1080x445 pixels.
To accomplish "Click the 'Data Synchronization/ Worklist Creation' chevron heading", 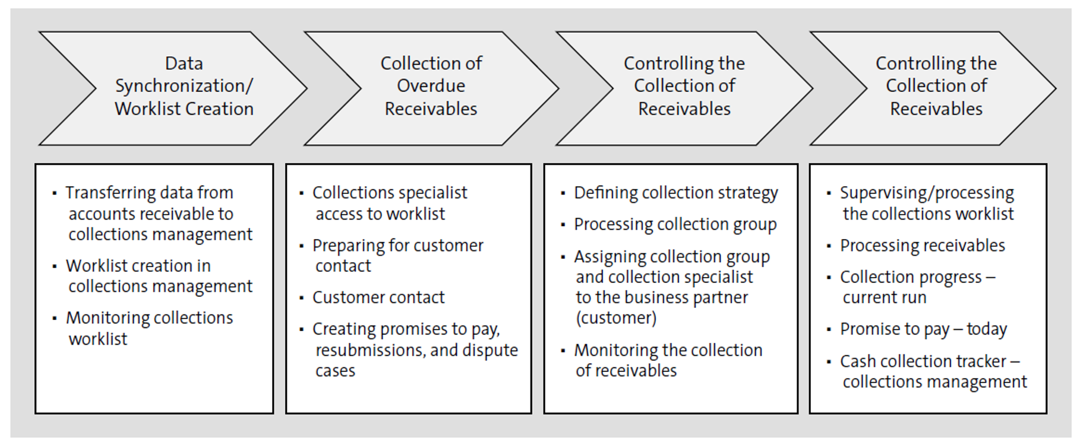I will coord(184,87).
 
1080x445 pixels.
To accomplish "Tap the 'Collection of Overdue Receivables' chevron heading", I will coord(431,87).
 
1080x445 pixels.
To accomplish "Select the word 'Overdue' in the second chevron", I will coord(431,86).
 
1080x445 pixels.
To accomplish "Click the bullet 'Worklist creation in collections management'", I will coord(159,276).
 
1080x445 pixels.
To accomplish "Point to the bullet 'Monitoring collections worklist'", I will coord(149,328).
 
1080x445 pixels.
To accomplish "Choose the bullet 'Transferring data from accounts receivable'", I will coord(159,214).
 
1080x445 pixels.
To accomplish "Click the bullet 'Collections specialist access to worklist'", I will coord(389,203).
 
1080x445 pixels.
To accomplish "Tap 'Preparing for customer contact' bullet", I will coord(397,256).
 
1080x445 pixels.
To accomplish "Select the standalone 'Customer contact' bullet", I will coord(378,297).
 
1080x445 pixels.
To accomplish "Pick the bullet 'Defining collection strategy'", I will coord(675,193).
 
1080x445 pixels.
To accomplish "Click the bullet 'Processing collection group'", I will coord(675,224).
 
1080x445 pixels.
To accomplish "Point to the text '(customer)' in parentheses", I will coord(616,318).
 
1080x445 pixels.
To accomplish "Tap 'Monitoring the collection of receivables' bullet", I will coord(668,360).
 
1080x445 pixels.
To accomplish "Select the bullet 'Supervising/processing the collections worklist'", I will coord(927,203).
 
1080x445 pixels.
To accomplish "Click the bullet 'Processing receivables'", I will coord(922,246).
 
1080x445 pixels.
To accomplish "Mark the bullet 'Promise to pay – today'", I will coord(923,329).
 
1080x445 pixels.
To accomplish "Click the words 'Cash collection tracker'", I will coord(923,361).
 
